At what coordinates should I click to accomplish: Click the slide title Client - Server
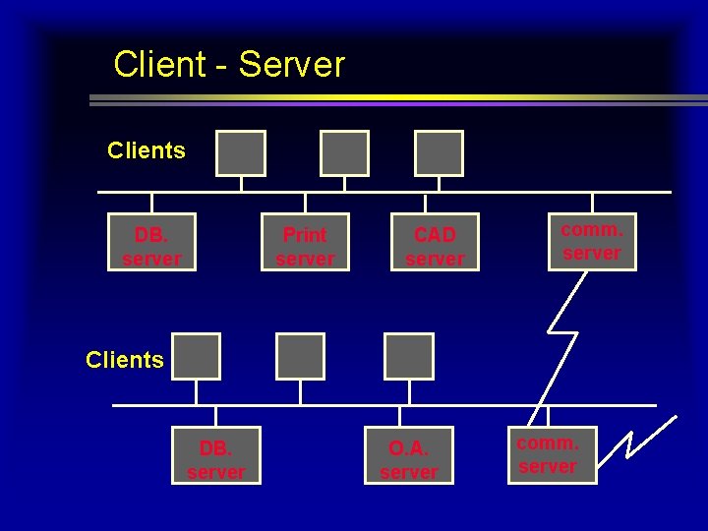(x=229, y=65)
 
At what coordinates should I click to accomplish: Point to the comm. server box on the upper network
(x=592, y=242)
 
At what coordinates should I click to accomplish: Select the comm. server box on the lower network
(x=549, y=454)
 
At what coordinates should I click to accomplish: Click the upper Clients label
(x=147, y=150)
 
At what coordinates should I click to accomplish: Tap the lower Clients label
(x=125, y=360)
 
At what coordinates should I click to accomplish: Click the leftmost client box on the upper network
(x=242, y=153)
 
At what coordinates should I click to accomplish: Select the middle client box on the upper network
(x=344, y=153)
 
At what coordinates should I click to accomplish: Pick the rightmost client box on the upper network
(x=439, y=153)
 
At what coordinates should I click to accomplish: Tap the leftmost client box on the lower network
(x=196, y=356)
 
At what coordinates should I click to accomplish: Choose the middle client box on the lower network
(x=300, y=356)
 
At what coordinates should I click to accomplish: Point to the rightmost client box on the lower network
(x=409, y=356)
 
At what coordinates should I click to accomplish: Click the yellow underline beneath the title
(x=393, y=98)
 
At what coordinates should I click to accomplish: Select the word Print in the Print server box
(x=305, y=235)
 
